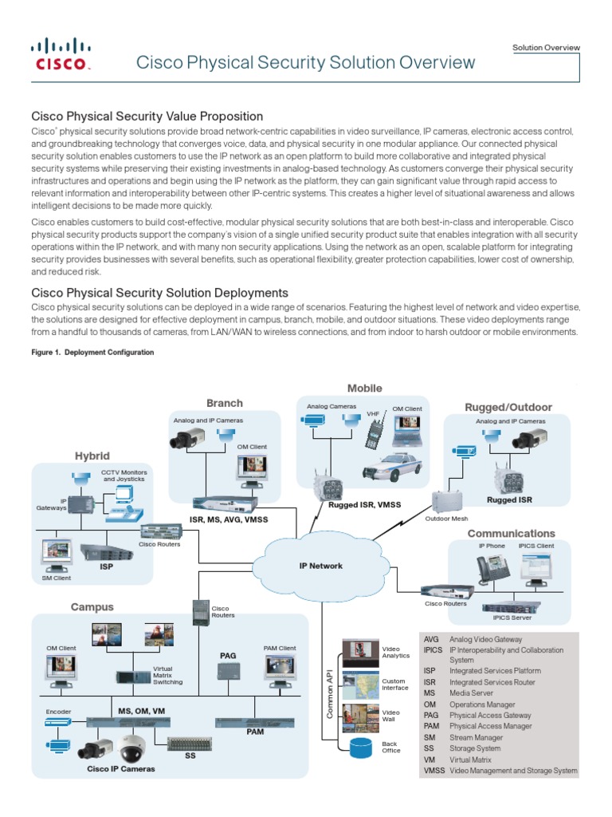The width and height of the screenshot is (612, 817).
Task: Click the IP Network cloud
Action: pos(320,565)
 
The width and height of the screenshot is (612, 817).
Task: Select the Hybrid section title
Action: pos(92,456)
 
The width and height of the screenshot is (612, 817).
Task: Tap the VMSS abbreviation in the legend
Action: pos(434,771)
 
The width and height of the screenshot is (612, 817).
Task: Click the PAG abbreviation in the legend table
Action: pos(431,716)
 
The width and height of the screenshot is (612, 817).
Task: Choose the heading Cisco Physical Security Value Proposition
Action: pos(147,116)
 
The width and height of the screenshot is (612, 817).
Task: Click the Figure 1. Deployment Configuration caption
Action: pos(92,352)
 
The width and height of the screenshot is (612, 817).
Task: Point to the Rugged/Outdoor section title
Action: pos(508,407)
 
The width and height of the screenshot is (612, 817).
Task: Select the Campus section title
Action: pos(92,607)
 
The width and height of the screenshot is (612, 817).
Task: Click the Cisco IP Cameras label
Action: pos(121,768)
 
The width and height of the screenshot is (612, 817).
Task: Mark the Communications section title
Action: pos(511,533)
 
